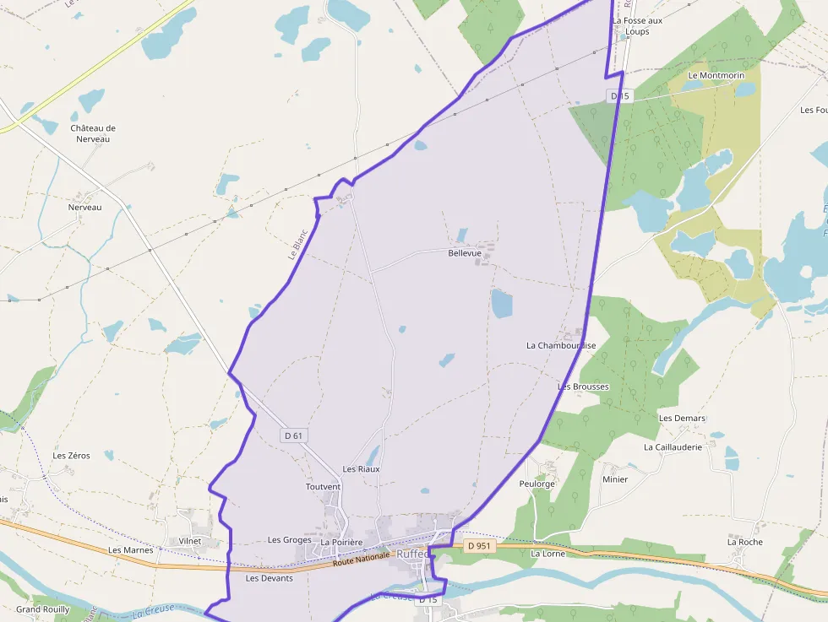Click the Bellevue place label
point(465,252)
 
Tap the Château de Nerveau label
point(93,133)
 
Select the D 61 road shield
point(293,435)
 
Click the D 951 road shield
point(478,546)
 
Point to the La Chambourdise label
point(561,345)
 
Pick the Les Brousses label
point(583,387)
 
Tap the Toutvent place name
point(323,487)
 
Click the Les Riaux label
point(361,468)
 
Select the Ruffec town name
point(412,554)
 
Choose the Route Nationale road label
point(362,558)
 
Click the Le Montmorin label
point(716,75)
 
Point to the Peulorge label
point(537,484)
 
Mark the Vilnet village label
point(190,541)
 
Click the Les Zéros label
point(71,455)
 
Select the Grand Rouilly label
point(42,608)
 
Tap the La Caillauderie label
point(673,447)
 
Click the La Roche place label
point(744,542)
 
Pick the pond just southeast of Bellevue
point(501,304)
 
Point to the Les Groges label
point(289,539)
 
